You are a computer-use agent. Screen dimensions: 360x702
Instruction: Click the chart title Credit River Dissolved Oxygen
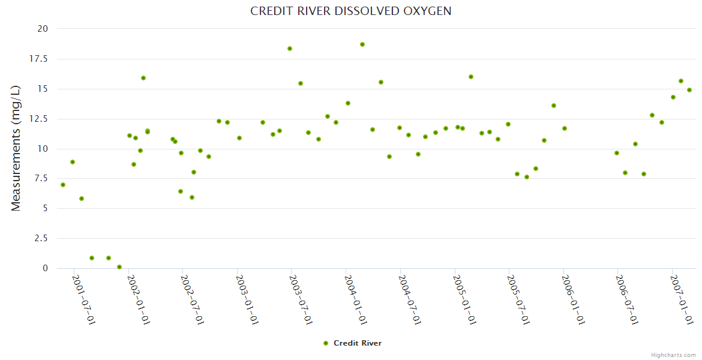click(351, 11)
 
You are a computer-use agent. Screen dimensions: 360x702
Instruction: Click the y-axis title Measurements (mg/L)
click(16, 148)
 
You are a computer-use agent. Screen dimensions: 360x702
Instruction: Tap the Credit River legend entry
click(352, 343)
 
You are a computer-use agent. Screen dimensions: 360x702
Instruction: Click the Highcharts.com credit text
click(673, 355)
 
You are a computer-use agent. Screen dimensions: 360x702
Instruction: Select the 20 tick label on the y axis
click(43, 29)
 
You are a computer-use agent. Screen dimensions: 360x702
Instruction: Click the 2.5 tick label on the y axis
click(40, 239)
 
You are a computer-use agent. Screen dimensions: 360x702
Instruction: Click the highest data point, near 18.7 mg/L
click(362, 44)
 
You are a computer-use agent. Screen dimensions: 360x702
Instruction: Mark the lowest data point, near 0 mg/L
click(119, 267)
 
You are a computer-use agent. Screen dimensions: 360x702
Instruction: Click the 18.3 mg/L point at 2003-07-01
click(290, 49)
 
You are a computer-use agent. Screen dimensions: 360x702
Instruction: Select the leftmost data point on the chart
click(63, 185)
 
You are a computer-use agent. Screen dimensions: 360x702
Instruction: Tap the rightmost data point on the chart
click(689, 90)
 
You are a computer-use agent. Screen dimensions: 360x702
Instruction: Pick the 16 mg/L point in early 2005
click(471, 77)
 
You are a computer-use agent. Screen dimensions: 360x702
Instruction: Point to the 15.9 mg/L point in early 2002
click(143, 78)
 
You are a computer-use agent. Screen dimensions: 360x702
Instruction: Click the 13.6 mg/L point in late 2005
click(554, 106)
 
